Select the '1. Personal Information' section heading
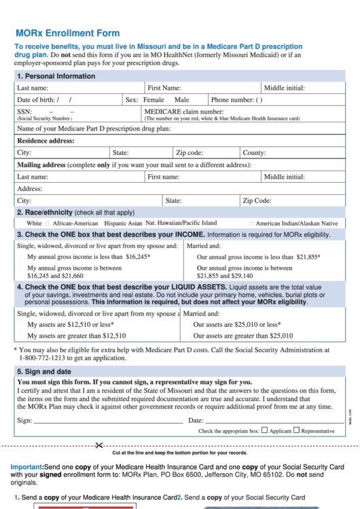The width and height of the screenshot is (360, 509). tap(56, 76)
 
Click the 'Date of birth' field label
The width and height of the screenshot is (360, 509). tap(38, 99)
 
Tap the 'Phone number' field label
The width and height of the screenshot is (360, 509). tap(232, 99)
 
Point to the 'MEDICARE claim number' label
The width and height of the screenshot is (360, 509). tap(183, 111)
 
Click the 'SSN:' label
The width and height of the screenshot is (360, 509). tap(24, 111)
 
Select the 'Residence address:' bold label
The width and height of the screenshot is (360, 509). tap(46, 141)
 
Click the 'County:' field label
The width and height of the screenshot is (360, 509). tap(254, 153)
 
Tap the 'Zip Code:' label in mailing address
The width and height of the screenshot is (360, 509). tap(257, 200)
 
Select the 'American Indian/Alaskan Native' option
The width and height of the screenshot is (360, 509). tap(296, 223)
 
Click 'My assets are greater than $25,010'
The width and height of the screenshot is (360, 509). tap(243, 336)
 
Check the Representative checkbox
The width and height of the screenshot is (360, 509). tap(297, 430)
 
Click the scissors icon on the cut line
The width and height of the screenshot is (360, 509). tap(98, 445)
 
